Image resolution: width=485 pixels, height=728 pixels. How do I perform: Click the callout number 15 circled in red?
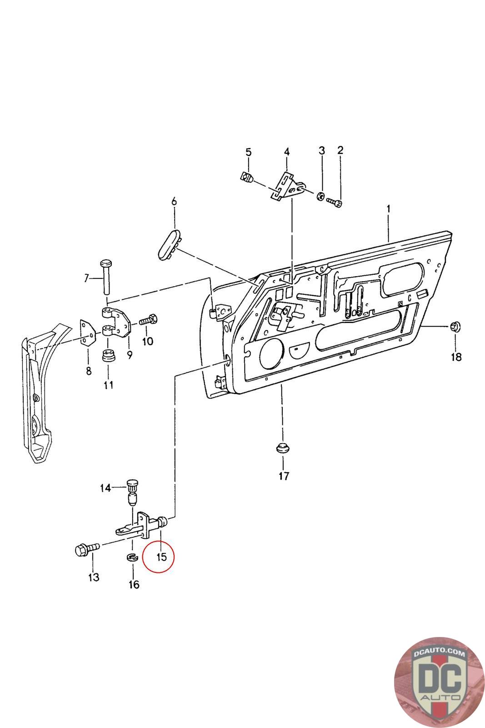click(161, 556)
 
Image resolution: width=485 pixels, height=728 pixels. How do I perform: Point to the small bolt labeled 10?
click(149, 319)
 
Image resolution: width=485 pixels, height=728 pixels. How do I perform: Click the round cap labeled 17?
click(283, 448)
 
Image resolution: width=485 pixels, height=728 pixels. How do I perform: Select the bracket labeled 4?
click(288, 186)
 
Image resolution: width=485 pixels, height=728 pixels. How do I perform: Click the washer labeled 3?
click(320, 197)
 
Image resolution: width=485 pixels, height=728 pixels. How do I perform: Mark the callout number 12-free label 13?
click(94, 577)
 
